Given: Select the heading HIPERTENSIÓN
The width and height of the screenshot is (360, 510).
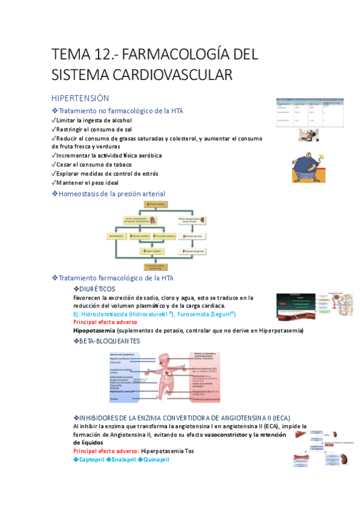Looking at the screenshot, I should tap(80, 98).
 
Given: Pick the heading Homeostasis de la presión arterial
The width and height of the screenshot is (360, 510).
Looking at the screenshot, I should tap(112, 194).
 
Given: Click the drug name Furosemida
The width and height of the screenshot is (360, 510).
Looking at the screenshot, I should tap(194, 314).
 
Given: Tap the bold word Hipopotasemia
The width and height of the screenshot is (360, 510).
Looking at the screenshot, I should tap(94, 331).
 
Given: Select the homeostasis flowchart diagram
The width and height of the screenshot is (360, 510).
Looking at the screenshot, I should tap(159, 235).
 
